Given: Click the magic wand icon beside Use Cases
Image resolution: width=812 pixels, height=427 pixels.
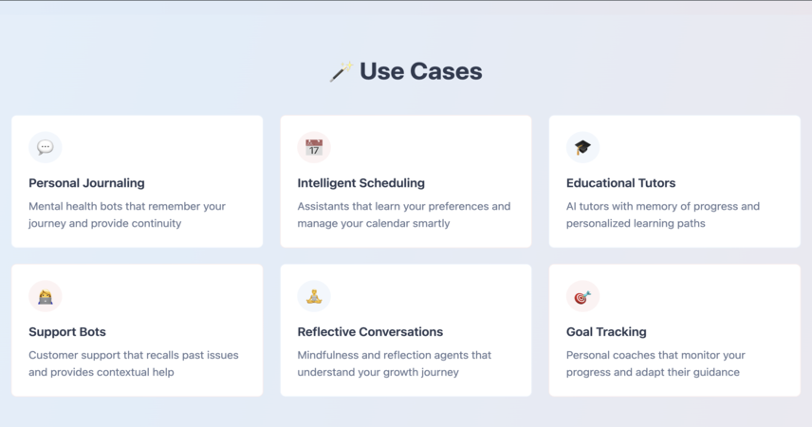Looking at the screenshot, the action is [x=341, y=71].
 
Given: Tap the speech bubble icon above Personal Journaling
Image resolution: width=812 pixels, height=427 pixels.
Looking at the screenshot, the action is [x=45, y=147].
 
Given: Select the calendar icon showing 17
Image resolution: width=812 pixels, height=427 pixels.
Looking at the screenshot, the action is [x=314, y=147].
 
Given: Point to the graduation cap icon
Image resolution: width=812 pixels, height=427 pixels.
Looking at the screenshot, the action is [x=582, y=147].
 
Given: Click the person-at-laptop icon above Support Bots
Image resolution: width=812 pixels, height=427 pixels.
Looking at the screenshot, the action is [x=45, y=296].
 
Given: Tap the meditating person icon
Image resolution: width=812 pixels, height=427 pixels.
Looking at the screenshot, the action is [x=314, y=296].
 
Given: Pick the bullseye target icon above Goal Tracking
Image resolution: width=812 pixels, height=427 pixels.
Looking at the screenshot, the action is [x=582, y=296].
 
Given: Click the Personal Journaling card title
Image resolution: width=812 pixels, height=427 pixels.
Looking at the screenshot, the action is [x=86, y=183].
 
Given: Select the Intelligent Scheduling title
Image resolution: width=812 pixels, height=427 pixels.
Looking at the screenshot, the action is [x=361, y=183].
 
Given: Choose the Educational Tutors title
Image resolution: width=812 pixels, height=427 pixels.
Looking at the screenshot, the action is [x=621, y=183].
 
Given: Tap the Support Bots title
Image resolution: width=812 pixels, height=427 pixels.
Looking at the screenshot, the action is [x=67, y=332].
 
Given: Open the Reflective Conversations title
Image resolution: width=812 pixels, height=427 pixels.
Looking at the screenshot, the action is [x=370, y=332].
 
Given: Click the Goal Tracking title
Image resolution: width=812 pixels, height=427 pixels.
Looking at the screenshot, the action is [x=606, y=332].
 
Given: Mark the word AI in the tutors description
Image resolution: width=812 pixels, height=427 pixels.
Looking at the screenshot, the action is [x=571, y=206].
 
